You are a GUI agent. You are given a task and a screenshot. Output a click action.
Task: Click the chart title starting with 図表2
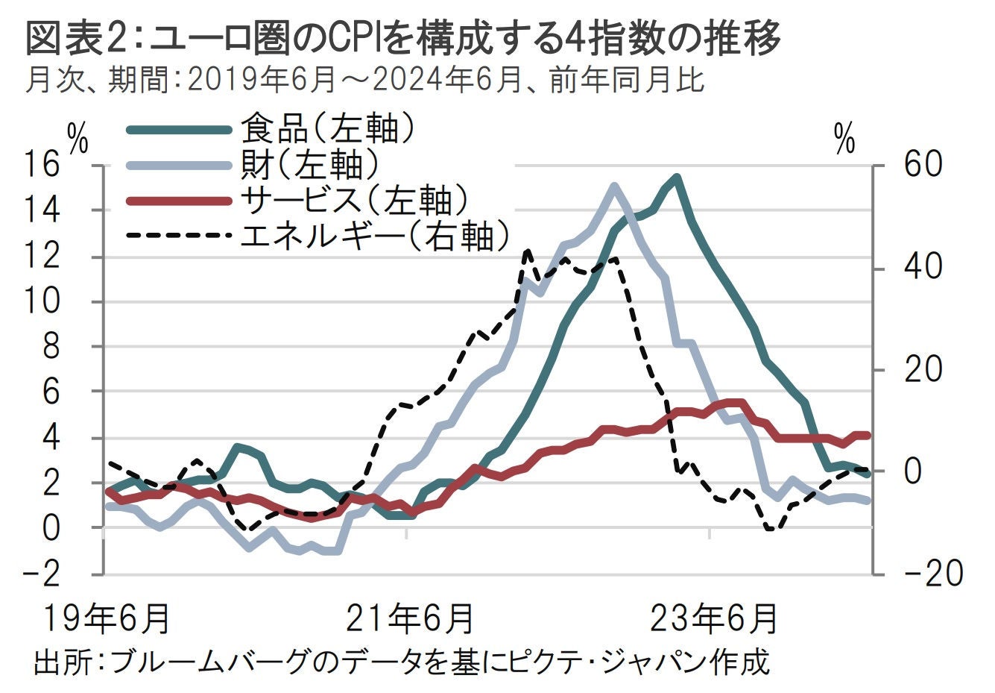(402, 37)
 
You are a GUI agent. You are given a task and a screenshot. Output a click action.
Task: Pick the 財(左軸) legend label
(309, 164)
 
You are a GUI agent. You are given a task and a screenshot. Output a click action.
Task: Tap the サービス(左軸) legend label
(354, 200)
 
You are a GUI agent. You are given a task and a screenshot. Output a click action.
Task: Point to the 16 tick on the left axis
(42, 165)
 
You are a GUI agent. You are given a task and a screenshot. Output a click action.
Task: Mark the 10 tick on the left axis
(42, 301)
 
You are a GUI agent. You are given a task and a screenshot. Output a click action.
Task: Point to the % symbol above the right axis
(844, 139)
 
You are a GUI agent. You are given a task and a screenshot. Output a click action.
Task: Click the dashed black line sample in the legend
(177, 236)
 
